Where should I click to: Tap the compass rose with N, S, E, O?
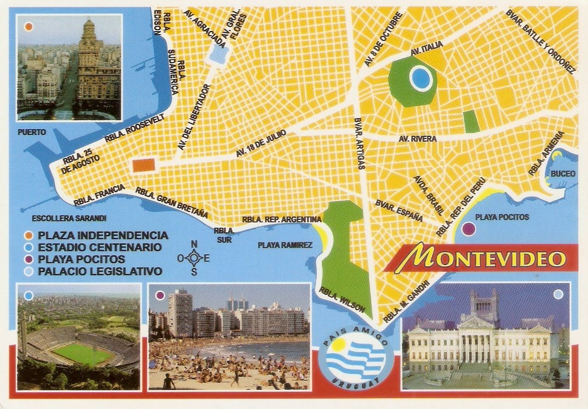[194, 257]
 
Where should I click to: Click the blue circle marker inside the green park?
[421, 78]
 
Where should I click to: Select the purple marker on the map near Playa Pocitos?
[468, 228]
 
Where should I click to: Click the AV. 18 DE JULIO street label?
[261, 143]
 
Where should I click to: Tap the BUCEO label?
[563, 173]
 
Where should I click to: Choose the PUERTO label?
[32, 132]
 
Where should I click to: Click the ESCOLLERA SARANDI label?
[69, 218]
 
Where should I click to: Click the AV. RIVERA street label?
[418, 139]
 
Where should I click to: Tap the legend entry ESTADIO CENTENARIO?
[100, 247]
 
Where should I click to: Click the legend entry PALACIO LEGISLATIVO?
[100, 271]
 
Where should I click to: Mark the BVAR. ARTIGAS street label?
[360, 143]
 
